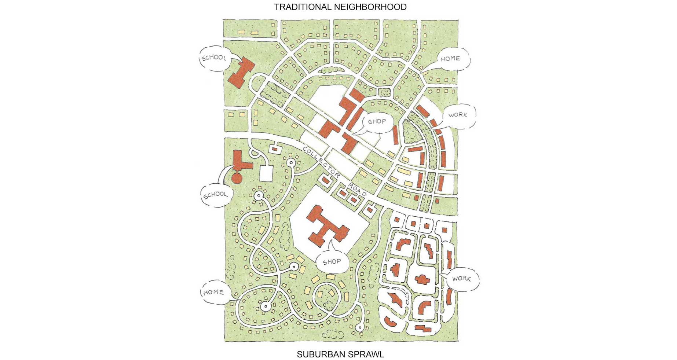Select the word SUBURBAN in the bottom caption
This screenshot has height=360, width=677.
coord(318,355)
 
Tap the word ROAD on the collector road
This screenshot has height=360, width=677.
coord(357,188)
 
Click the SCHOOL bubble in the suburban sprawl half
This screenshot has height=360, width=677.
coord(215,195)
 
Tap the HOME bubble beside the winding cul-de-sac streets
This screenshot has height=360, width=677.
coord(213,293)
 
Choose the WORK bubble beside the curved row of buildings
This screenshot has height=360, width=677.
coord(457,115)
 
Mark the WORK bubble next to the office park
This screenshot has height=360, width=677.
coord(461,279)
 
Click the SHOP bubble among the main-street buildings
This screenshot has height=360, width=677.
coord(377,121)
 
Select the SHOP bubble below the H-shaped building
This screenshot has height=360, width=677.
coord(332,262)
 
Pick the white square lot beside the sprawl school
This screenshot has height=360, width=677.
coord(266,173)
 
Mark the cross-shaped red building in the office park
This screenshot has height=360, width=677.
coord(422,279)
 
